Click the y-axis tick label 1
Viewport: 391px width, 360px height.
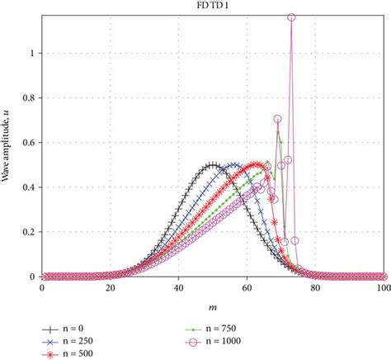click(35, 53)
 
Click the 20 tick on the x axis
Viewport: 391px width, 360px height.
click(110, 289)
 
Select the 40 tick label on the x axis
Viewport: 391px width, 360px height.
click(178, 289)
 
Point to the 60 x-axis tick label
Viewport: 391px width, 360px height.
click(247, 289)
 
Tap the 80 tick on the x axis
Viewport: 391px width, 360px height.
click(315, 289)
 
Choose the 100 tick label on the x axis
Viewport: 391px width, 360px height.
click(382, 289)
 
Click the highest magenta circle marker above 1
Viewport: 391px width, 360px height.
click(291, 17)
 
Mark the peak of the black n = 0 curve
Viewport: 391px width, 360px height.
click(213, 165)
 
